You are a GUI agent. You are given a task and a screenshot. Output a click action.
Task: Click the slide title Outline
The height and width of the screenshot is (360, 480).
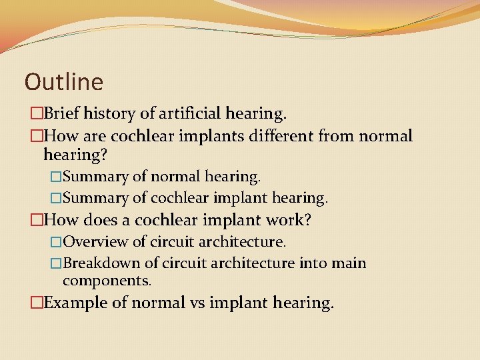point(64,82)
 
